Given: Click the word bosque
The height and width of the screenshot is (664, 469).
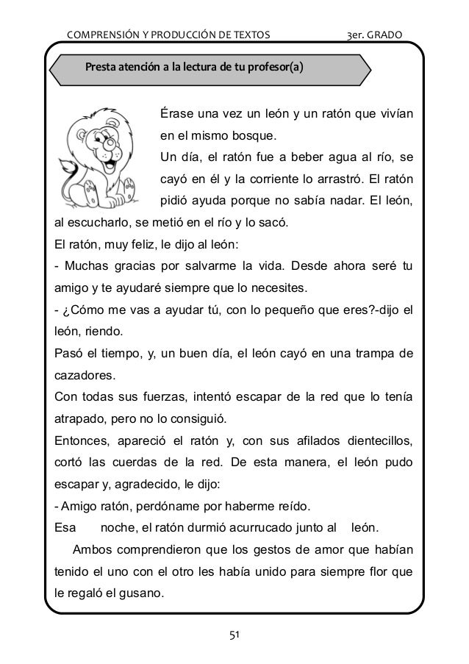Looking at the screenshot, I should click(233, 136).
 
